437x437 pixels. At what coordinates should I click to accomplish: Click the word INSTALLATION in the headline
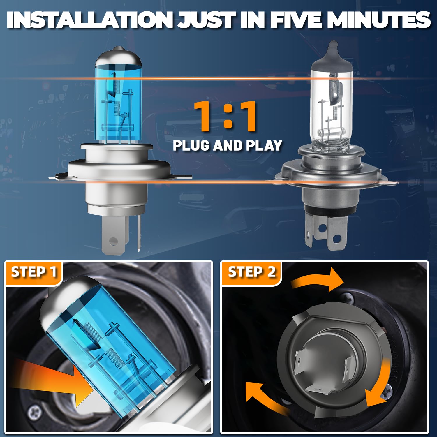[x=92, y=20]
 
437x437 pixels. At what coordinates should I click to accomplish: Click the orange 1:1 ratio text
[x=225, y=116]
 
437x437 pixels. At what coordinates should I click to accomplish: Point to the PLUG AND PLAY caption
[x=228, y=145]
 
